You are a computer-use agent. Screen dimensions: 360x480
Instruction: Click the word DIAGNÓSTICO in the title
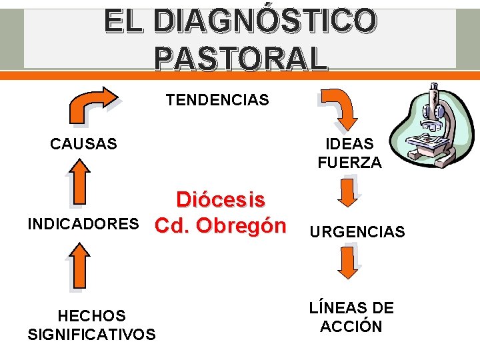point(264,21)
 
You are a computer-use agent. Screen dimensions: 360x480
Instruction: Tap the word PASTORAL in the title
point(241,58)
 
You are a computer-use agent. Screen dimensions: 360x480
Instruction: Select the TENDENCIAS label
point(217,100)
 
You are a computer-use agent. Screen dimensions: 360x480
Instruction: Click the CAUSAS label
point(83,143)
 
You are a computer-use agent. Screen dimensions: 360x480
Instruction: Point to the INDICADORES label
point(83,224)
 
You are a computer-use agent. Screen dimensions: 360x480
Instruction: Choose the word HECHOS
point(91,315)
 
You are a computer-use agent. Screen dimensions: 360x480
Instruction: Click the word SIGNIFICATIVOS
point(91,334)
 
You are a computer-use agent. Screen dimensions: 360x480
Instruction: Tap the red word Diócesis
point(221,200)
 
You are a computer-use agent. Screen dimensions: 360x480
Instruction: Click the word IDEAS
point(350,144)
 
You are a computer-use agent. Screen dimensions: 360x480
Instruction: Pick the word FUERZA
point(350,162)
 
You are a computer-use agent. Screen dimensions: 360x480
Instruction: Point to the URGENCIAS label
point(356,232)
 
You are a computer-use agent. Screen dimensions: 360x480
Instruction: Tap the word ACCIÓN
point(351,327)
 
